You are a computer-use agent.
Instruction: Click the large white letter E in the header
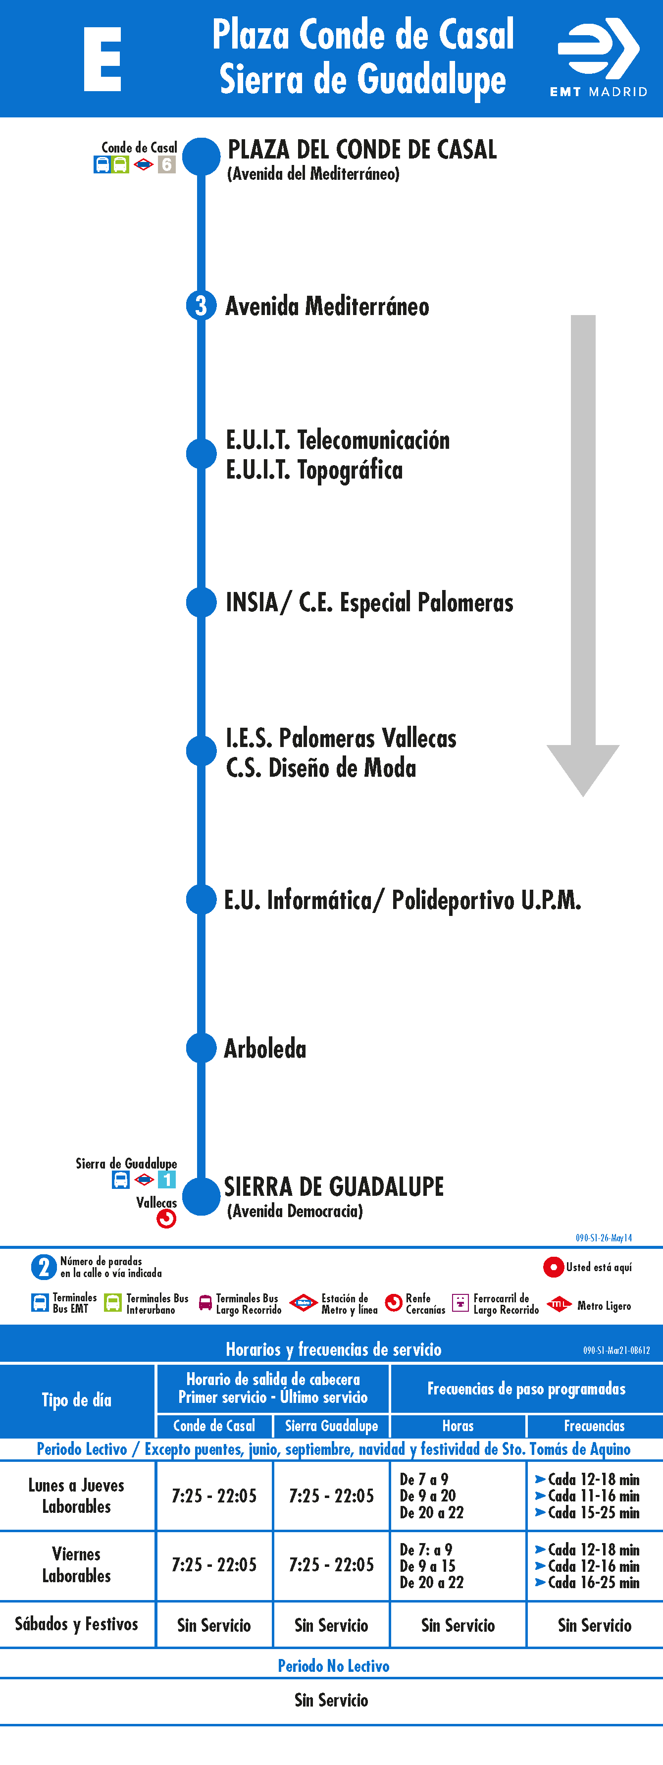[102, 59]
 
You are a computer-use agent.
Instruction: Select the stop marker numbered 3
[201, 306]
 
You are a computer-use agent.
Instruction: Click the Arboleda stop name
[265, 1048]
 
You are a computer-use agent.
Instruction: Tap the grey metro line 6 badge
[166, 164]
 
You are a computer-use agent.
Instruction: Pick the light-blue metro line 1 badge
[166, 1180]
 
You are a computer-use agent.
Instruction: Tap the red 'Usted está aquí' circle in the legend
[553, 1267]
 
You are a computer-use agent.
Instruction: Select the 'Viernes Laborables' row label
[77, 1565]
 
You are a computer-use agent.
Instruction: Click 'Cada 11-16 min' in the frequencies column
[588, 1496]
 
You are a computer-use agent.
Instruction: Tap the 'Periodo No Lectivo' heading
[334, 1665]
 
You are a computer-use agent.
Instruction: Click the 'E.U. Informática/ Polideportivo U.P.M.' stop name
[403, 900]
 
